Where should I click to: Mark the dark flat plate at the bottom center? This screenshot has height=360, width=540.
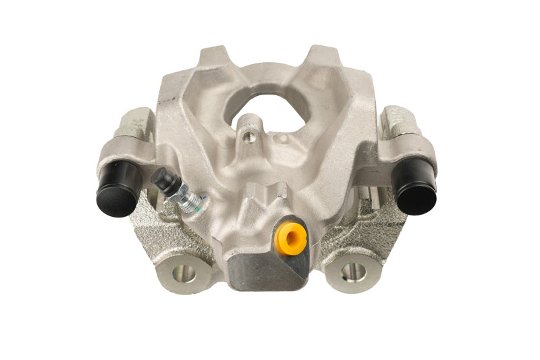(267, 270)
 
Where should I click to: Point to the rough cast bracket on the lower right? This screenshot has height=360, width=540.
(371, 233)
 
